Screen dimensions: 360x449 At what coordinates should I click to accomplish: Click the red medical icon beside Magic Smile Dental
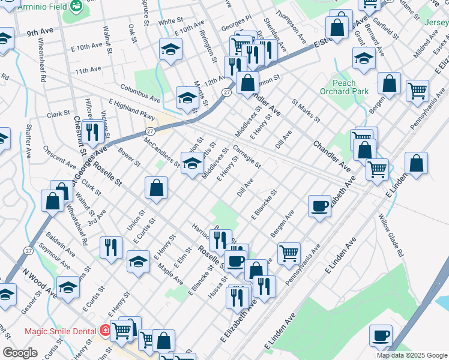coord(106,331)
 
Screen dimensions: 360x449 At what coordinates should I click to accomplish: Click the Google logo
coord(20,353)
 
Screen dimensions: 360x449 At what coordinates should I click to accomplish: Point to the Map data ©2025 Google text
coord(411,355)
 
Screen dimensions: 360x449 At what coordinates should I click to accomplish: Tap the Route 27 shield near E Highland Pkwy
coord(150,131)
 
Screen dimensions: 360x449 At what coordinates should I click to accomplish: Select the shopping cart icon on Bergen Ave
coord(289,252)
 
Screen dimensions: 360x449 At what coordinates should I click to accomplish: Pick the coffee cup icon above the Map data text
coord(381,334)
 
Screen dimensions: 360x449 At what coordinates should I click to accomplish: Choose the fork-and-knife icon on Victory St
coord(92,131)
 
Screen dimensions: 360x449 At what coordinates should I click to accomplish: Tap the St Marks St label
coord(303,111)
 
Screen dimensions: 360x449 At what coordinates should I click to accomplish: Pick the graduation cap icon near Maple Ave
coord(138,262)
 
